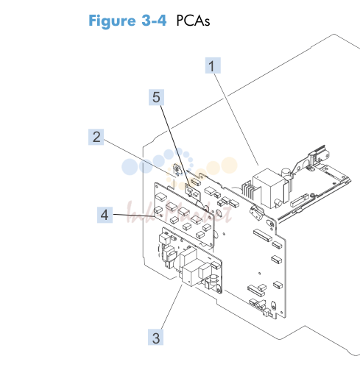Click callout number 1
click(x=213, y=65)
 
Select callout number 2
click(x=96, y=137)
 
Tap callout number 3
click(x=155, y=338)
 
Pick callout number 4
click(x=105, y=215)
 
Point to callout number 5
click(x=156, y=97)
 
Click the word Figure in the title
click(x=112, y=21)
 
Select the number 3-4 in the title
click(x=154, y=20)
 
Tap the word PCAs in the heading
click(x=193, y=21)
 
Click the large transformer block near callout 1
click(x=269, y=188)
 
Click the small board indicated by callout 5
click(x=193, y=192)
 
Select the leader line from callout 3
click(x=172, y=307)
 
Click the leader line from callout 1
click(x=236, y=119)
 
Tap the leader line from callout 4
click(x=134, y=216)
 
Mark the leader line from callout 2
click(x=140, y=157)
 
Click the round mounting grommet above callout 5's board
click(x=177, y=169)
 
